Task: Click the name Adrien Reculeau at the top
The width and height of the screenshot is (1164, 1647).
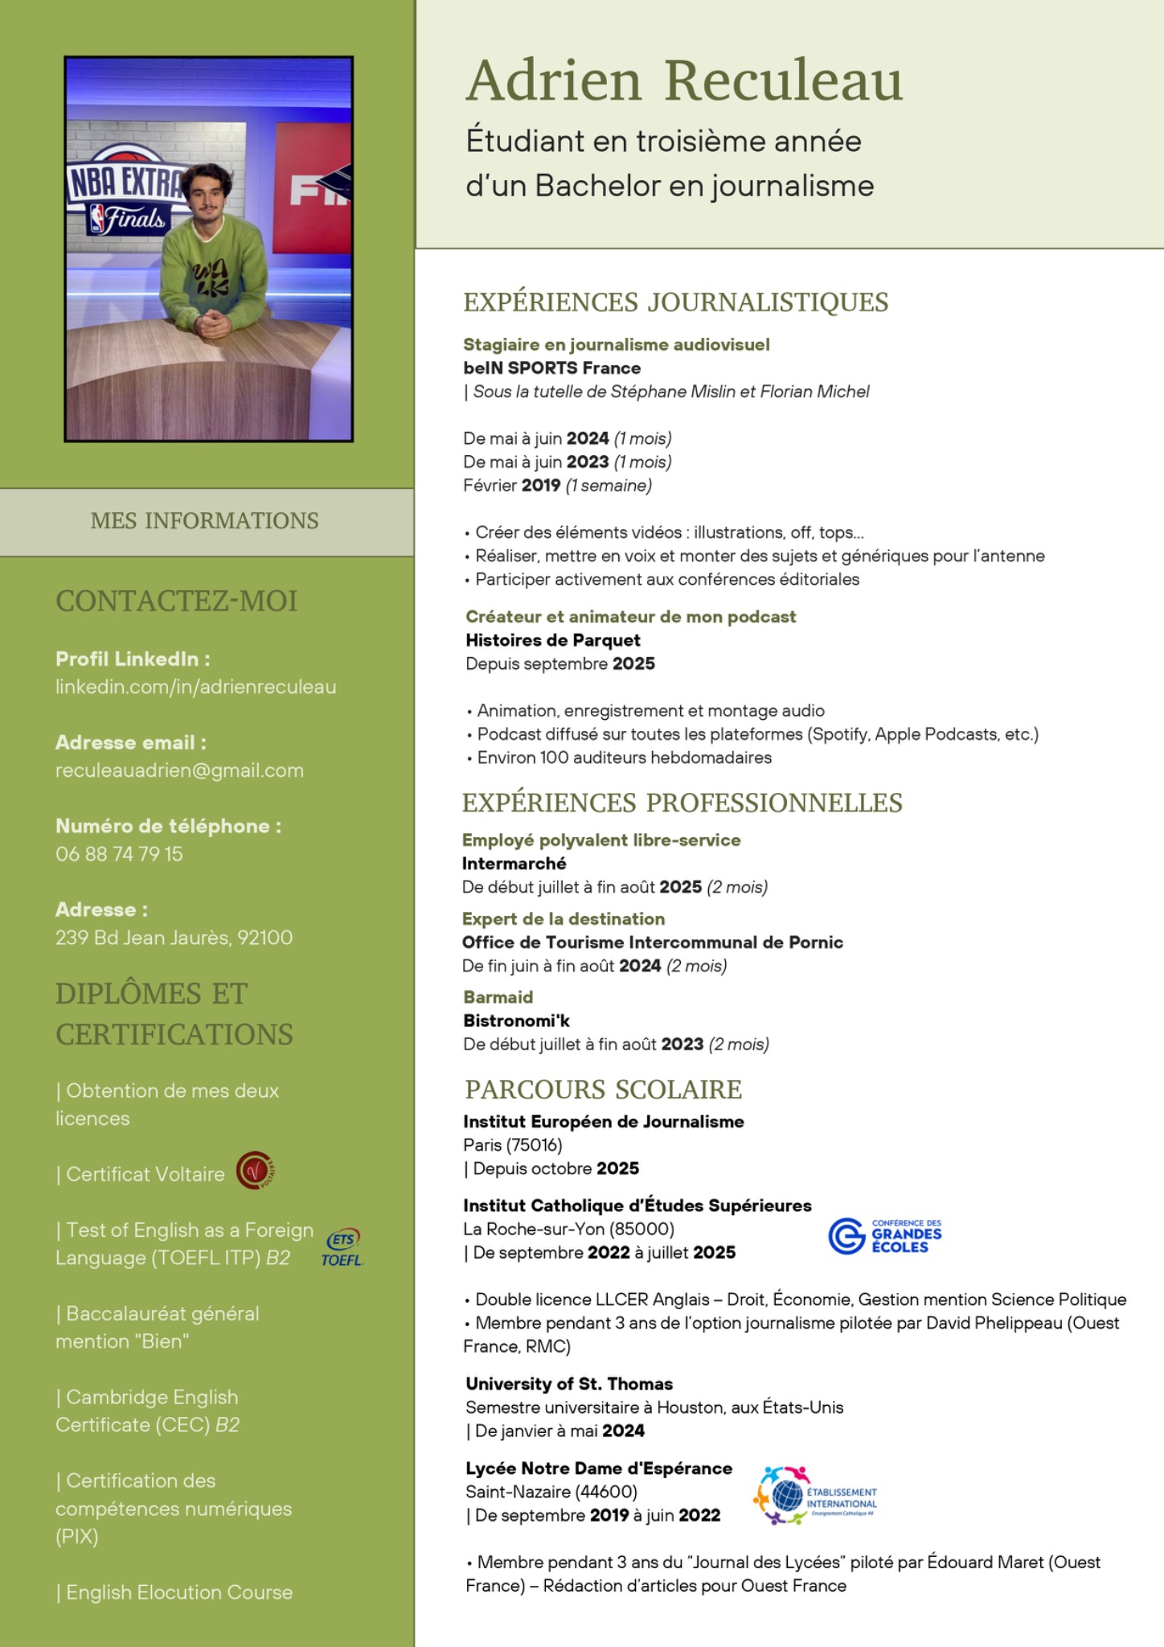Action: (x=684, y=81)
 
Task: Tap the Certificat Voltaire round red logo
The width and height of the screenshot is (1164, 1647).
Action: (x=256, y=1170)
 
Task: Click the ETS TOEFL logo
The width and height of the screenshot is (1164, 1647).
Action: (x=342, y=1247)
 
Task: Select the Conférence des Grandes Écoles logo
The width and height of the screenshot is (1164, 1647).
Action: (x=885, y=1236)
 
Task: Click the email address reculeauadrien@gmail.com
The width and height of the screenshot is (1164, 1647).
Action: (x=179, y=770)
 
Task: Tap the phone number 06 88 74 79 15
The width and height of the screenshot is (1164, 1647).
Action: (x=119, y=854)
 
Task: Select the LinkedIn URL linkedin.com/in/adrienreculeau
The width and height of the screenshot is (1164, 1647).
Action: (x=195, y=687)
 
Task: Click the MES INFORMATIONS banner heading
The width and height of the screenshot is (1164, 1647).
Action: (x=204, y=521)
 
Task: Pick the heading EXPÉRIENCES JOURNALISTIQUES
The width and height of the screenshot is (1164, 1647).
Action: (x=675, y=302)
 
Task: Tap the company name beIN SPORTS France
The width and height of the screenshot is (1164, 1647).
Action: (x=551, y=368)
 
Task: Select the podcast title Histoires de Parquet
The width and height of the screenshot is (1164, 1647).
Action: (x=552, y=640)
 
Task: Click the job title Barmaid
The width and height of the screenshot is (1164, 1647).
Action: (x=498, y=997)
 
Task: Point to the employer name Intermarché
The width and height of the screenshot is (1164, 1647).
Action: (x=514, y=864)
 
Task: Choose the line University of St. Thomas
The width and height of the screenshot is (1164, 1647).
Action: (x=568, y=1384)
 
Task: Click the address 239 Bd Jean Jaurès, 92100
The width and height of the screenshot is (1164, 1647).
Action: (x=174, y=938)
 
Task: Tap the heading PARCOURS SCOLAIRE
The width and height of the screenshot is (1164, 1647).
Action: (x=603, y=1090)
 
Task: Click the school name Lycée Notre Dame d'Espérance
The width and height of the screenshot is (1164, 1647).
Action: (x=598, y=1468)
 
